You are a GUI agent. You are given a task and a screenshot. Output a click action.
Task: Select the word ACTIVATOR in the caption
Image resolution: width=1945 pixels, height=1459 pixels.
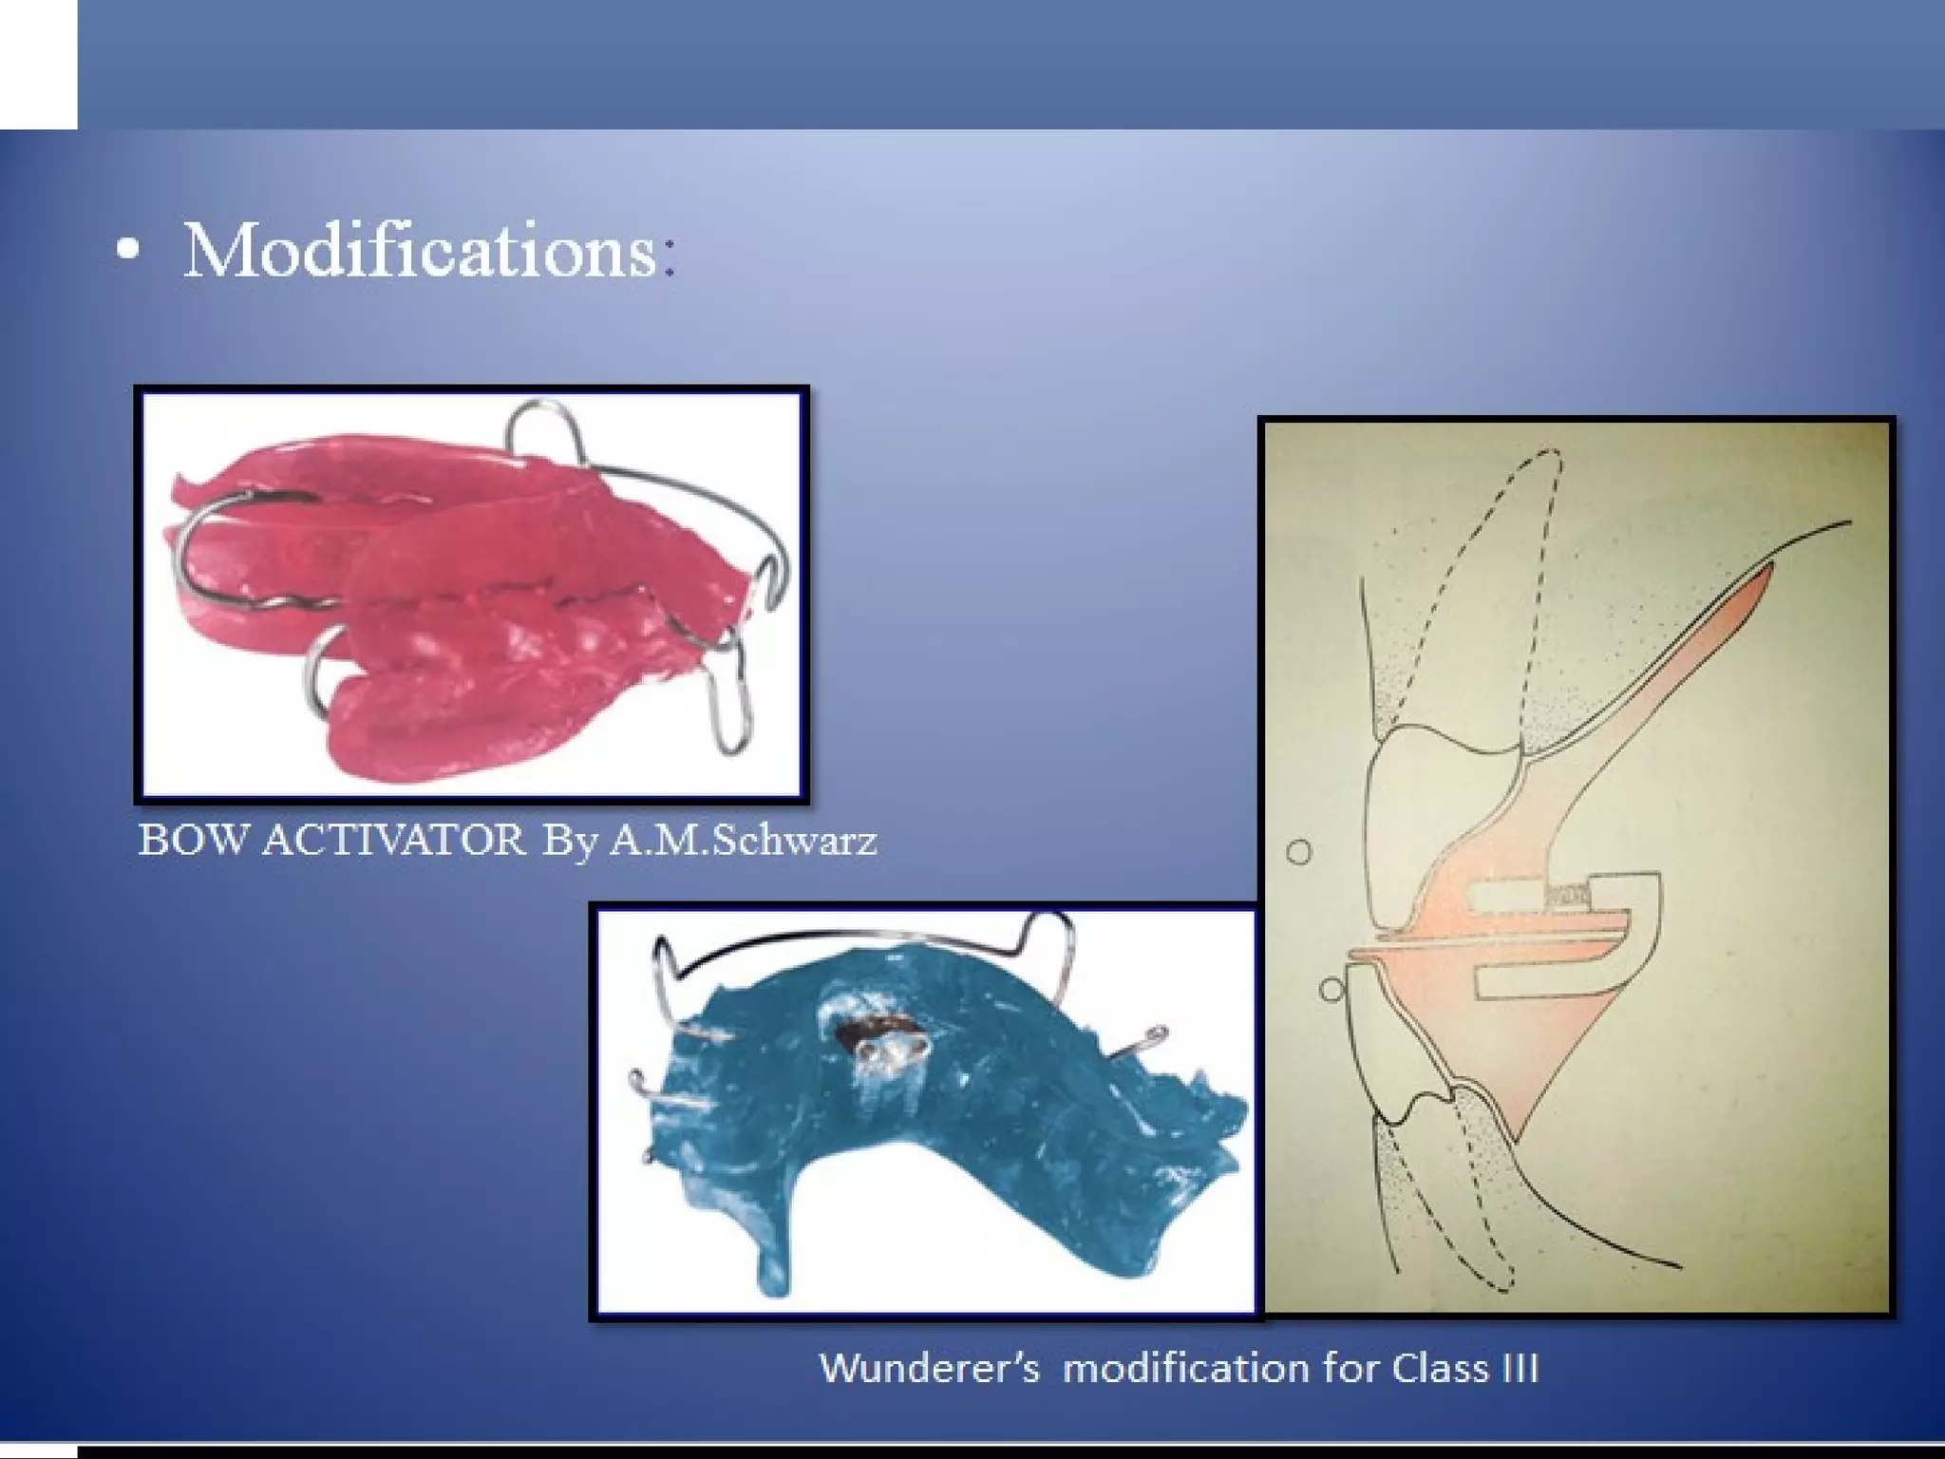392,840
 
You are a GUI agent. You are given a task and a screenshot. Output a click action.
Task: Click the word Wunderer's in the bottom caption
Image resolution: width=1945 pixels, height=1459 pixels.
929,1369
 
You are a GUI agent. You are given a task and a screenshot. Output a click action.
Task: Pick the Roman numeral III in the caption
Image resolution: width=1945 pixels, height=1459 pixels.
1517,1369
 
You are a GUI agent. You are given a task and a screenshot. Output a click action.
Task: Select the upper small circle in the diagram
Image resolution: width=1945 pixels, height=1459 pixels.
1298,852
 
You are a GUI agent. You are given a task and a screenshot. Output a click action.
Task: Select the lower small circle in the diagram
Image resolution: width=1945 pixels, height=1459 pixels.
1331,990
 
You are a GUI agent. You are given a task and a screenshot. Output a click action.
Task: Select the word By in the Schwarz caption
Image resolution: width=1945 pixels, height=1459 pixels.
568,840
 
